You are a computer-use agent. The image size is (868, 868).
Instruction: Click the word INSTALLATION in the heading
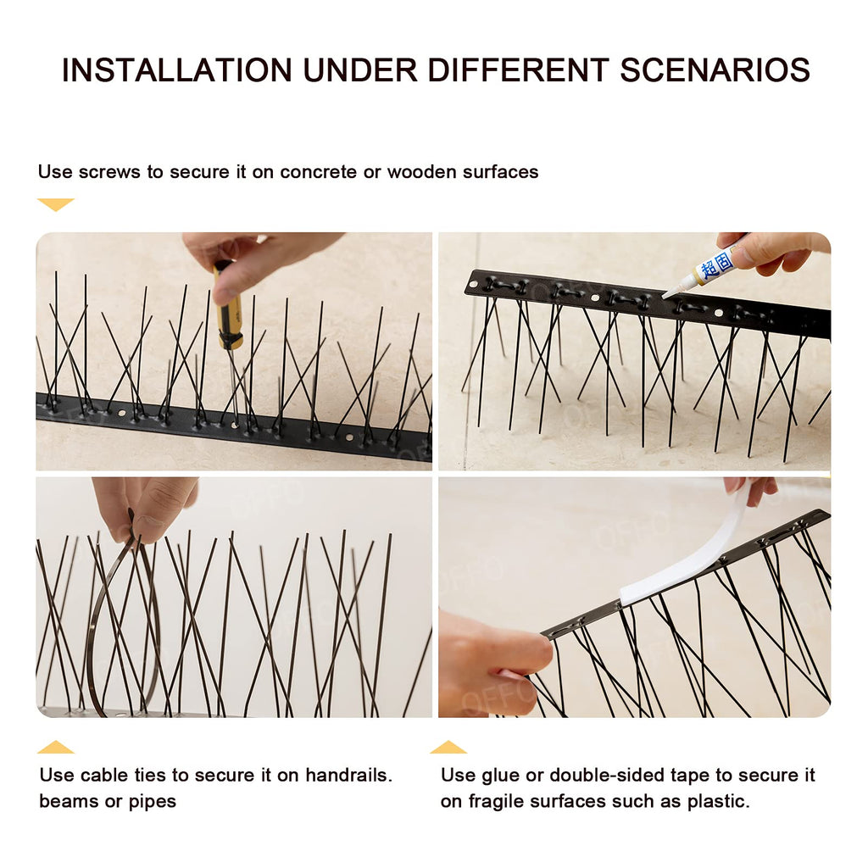click(176, 70)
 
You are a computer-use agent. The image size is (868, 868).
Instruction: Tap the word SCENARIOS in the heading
click(715, 70)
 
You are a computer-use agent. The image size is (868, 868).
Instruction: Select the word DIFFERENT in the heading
click(518, 70)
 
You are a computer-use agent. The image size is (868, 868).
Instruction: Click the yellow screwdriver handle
click(227, 310)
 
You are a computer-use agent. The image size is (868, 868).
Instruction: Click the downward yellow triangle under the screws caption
click(55, 204)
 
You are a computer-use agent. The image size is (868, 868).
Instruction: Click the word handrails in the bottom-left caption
click(348, 775)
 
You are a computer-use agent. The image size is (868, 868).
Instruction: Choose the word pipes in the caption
click(153, 802)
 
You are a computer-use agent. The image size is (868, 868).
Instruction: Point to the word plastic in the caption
click(718, 802)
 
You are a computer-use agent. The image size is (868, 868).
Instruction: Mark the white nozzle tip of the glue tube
click(670, 292)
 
